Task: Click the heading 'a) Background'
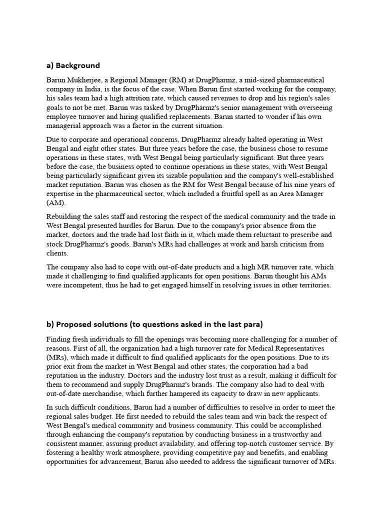73,65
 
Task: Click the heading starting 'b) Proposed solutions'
154,324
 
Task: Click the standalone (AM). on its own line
56,202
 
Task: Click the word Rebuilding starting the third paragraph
66,216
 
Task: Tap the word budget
124,416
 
